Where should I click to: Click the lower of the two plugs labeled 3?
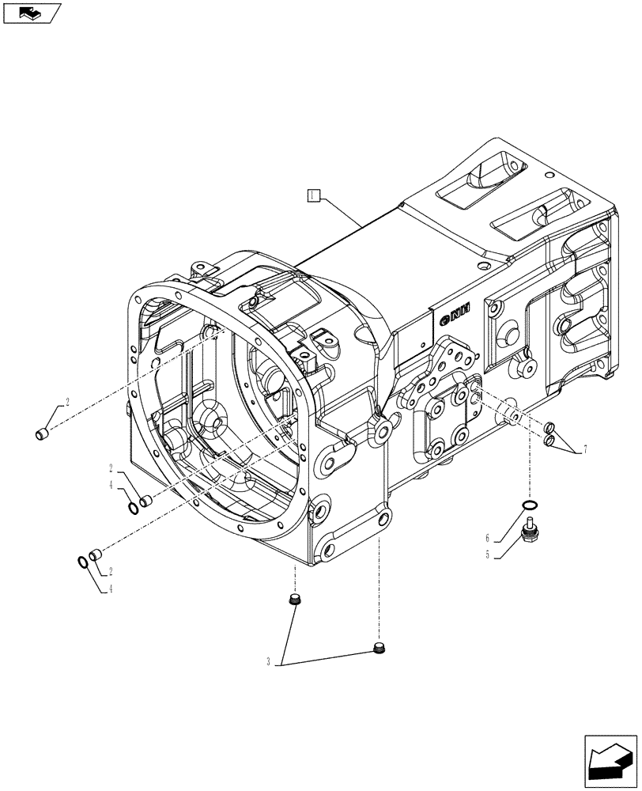[379, 649]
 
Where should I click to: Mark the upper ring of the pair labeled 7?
[550, 429]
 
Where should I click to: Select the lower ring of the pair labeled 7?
[548, 440]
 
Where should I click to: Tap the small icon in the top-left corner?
[31, 13]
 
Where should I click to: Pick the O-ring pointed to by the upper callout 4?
[134, 504]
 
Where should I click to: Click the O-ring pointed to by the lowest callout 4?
[82, 562]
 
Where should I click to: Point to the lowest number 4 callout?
[112, 589]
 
